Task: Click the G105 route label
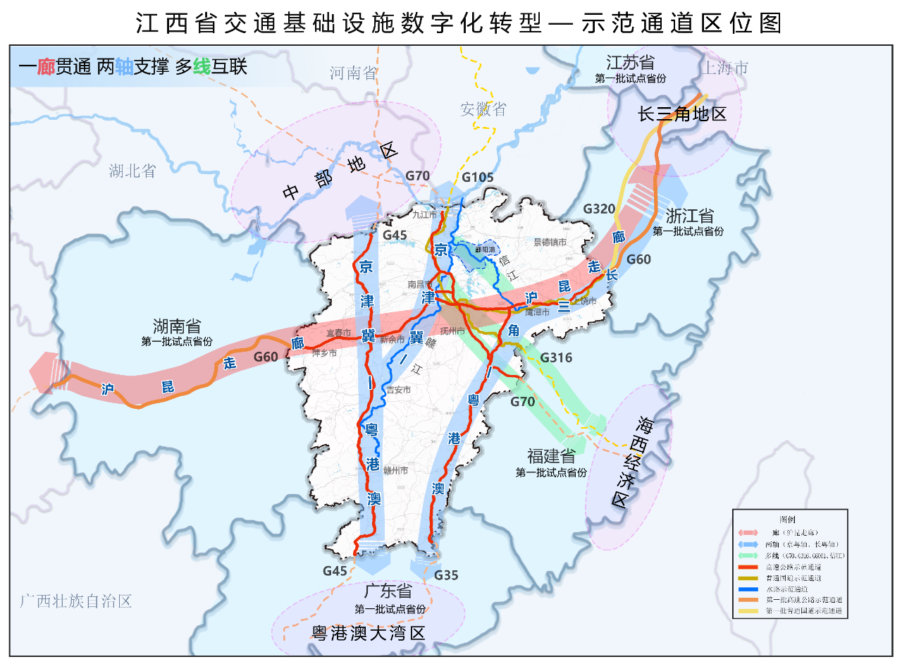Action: (x=478, y=178)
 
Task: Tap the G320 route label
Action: (x=600, y=209)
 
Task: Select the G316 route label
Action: (x=556, y=358)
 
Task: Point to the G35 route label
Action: (x=446, y=575)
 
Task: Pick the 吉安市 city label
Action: (x=398, y=389)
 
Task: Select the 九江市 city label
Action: (x=425, y=214)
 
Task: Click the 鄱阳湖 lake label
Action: (x=485, y=250)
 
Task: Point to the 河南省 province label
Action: (x=353, y=73)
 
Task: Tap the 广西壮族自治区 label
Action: (x=76, y=601)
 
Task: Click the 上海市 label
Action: (x=724, y=68)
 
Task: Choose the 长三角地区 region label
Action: (x=681, y=114)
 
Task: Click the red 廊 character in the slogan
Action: (x=46, y=67)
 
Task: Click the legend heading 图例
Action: (x=789, y=519)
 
